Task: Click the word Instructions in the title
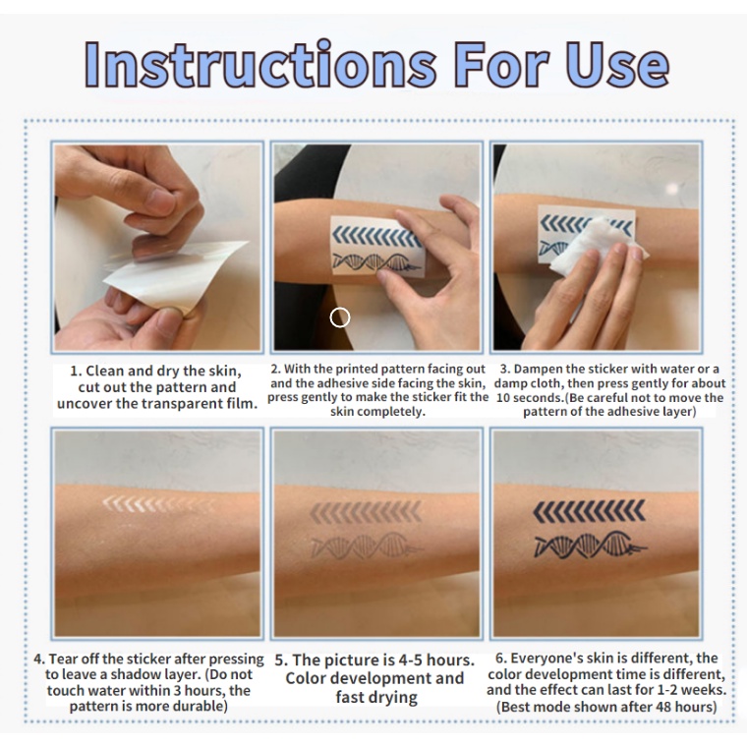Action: pyautogui.click(x=260, y=64)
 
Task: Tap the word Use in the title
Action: pyautogui.click(x=618, y=64)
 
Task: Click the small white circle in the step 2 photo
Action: pyautogui.click(x=340, y=317)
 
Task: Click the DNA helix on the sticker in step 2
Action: pyautogui.click(x=376, y=263)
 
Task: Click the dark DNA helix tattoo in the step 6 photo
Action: pyautogui.click(x=590, y=545)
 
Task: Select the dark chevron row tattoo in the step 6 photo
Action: pyautogui.click(x=589, y=511)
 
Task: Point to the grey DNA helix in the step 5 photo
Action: pyautogui.click(x=366, y=545)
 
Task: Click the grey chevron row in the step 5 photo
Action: pyautogui.click(x=366, y=512)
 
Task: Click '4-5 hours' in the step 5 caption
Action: pyautogui.click(x=433, y=661)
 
